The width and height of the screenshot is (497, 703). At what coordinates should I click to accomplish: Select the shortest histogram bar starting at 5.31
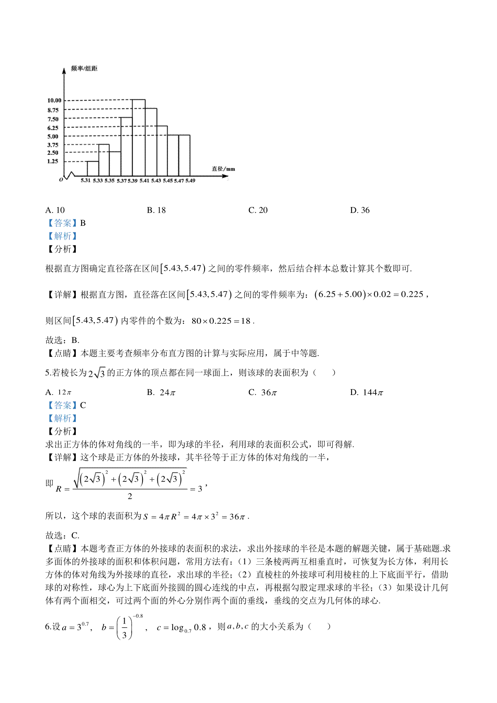click(93, 169)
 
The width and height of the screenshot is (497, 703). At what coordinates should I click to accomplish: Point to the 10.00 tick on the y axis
click(54, 100)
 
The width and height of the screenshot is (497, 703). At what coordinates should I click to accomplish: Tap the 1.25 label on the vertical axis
click(53, 161)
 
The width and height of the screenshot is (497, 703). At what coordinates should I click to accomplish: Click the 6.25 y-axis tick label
click(53, 128)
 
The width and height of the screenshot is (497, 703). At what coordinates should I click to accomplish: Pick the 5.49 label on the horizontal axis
click(190, 181)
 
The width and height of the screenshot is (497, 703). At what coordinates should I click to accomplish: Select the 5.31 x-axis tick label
click(86, 181)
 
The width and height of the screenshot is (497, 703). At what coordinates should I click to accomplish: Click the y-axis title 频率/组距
click(84, 68)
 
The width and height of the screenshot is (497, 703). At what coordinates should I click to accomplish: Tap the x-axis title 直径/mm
click(223, 169)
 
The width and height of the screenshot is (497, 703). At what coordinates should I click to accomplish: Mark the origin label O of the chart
click(61, 180)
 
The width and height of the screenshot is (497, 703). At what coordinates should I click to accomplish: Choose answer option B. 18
click(156, 210)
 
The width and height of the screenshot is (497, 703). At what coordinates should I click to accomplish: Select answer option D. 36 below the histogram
click(359, 210)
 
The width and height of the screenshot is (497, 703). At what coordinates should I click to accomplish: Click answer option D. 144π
click(367, 392)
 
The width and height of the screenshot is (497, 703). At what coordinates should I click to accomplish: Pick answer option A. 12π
click(58, 392)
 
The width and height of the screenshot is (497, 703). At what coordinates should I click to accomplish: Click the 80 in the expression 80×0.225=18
click(196, 321)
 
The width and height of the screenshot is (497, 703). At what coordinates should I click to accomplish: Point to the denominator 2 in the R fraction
click(130, 496)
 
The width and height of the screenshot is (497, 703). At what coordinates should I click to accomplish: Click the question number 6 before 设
click(47, 627)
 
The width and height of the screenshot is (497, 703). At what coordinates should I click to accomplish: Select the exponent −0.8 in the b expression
click(138, 616)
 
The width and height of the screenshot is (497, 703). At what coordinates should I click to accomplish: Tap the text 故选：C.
click(62, 535)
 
